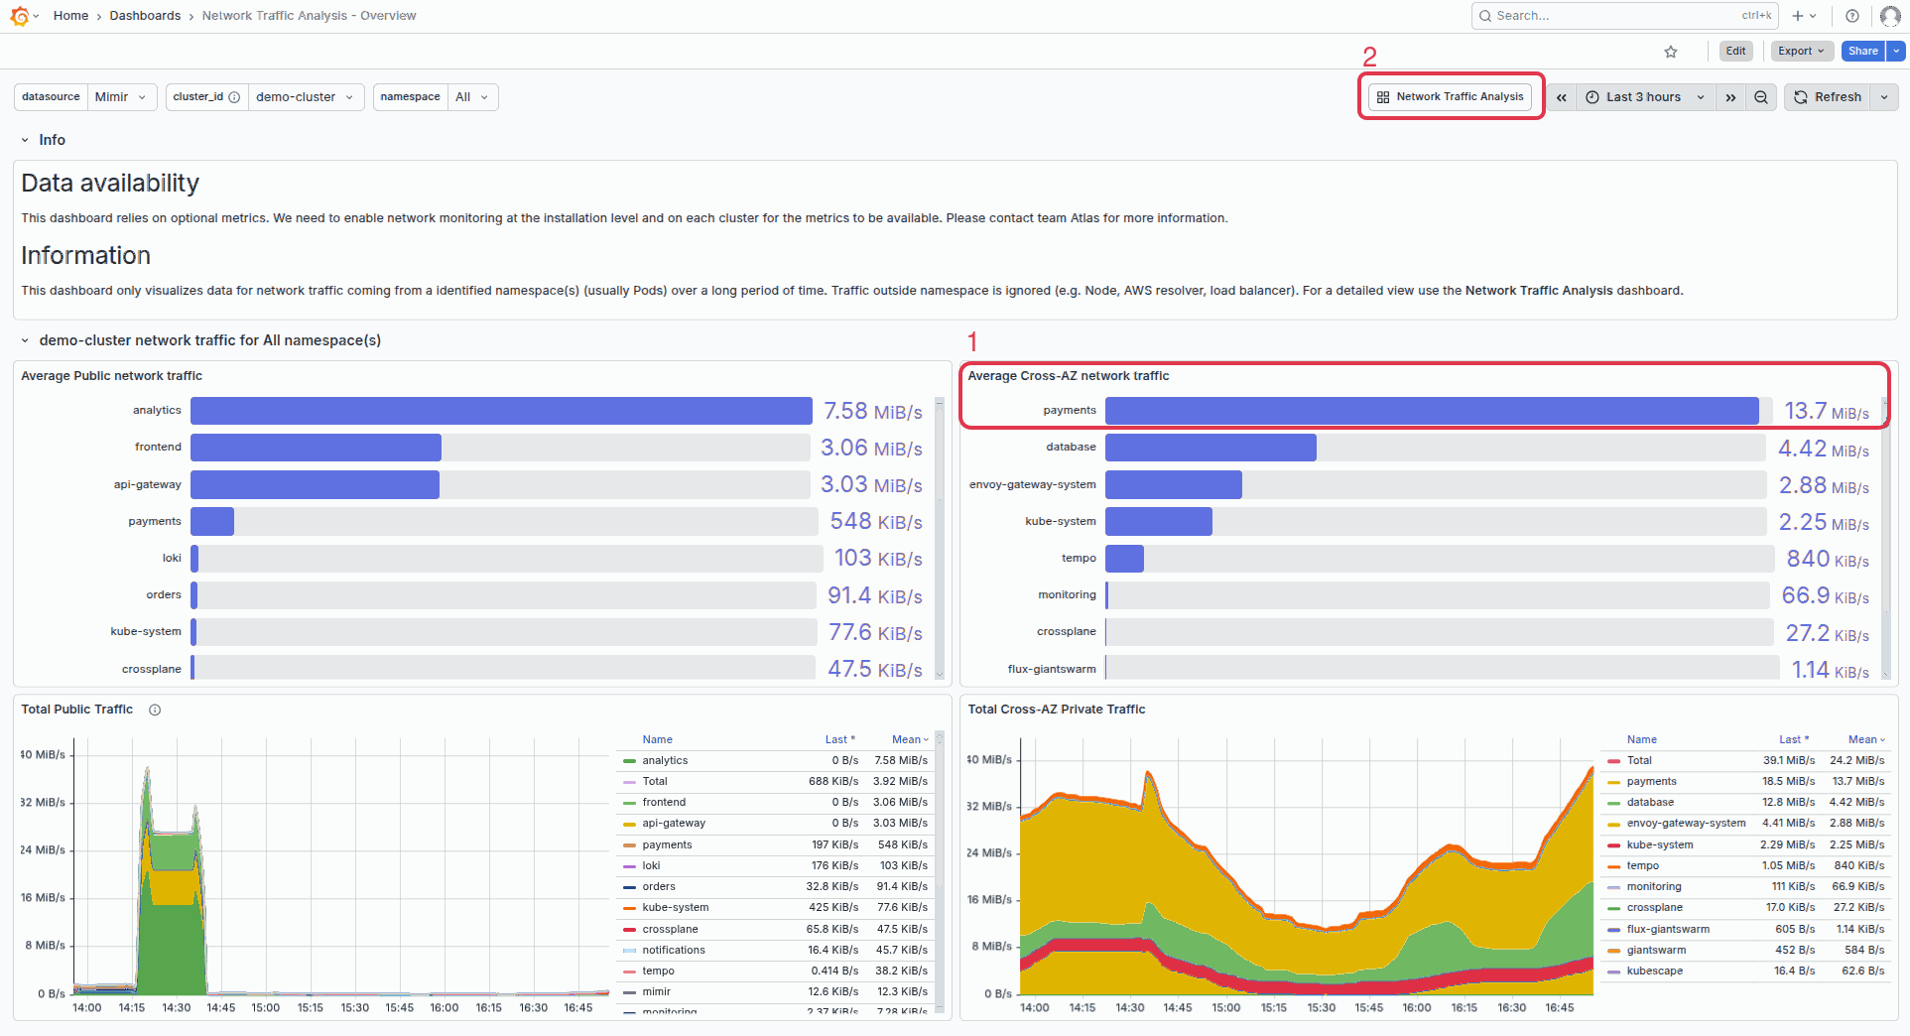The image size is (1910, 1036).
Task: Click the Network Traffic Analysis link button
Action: click(x=1450, y=97)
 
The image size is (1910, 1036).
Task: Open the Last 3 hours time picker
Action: click(x=1643, y=97)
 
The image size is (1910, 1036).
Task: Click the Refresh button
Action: click(x=1828, y=97)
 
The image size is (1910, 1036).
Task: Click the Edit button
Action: click(x=1735, y=52)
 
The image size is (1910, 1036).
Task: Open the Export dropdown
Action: click(x=1800, y=52)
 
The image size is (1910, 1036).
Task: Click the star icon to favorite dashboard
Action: click(x=1671, y=52)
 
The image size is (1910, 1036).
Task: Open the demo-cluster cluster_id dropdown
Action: click(x=304, y=97)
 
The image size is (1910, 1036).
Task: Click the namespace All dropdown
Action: click(x=471, y=97)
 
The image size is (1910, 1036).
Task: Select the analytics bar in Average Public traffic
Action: click(x=501, y=411)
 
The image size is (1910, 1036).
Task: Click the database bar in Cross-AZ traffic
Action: click(x=1210, y=448)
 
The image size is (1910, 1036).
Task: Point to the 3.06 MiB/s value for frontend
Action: click(x=871, y=448)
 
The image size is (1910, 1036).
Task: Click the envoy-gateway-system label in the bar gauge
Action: click(x=1032, y=484)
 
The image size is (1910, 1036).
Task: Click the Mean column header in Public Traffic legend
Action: click(x=907, y=739)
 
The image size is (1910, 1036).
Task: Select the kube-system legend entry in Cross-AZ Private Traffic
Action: click(x=1659, y=844)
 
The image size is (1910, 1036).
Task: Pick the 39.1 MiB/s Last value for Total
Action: click(x=1788, y=760)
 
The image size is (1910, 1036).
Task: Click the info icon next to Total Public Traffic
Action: click(x=155, y=710)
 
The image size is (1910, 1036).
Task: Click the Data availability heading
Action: click(x=110, y=184)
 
